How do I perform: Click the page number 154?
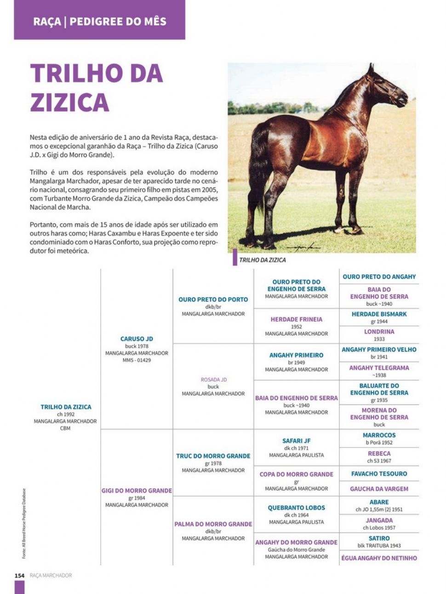[x=19, y=575]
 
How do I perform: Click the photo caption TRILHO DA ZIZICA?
[x=262, y=260]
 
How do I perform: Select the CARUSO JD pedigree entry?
[x=137, y=339]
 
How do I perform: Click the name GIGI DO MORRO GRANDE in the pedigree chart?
[x=137, y=491]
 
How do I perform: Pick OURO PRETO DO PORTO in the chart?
[x=213, y=300]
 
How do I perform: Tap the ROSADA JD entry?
[x=213, y=380]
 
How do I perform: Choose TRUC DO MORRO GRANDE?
[x=213, y=456]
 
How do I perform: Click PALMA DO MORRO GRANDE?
[x=213, y=524]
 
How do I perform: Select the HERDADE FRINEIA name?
[x=296, y=319]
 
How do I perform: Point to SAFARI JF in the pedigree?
[x=296, y=441]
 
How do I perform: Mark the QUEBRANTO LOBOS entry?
[x=296, y=508]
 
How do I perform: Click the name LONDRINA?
[x=379, y=332]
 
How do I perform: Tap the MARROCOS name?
[x=379, y=436]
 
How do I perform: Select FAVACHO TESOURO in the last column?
[x=379, y=474]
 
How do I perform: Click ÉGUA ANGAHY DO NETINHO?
[x=379, y=558]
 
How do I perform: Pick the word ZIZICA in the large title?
[x=70, y=102]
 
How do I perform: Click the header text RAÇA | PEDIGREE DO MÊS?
[x=100, y=22]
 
